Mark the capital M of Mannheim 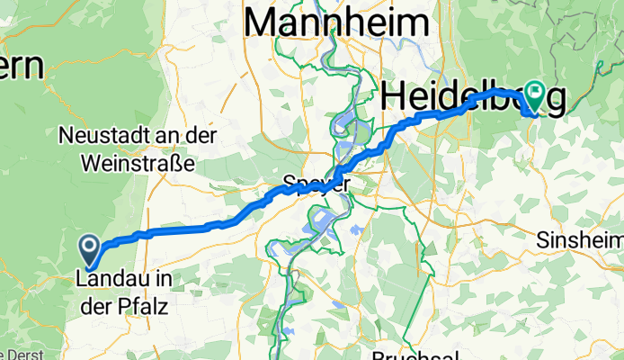262,23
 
